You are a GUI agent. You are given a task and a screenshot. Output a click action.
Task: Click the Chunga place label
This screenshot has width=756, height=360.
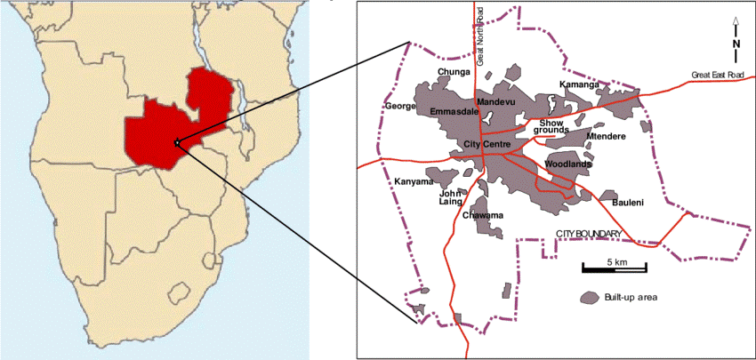point(454,72)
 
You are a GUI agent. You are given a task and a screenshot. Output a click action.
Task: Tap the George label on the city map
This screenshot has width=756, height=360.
point(400,107)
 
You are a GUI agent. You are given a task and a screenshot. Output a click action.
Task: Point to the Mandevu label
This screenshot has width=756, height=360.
point(496,102)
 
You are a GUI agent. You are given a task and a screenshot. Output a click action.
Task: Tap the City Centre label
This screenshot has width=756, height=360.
point(486,144)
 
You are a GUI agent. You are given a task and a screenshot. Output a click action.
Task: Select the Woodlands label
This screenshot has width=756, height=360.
point(569,164)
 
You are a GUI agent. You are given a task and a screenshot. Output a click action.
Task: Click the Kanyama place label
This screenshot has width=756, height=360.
point(411,181)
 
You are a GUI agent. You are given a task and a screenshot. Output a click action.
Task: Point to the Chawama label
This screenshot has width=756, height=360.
point(483,216)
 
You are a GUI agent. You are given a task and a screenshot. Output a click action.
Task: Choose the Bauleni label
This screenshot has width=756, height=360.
point(628,204)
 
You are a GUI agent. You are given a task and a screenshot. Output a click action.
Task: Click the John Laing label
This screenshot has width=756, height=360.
point(451,196)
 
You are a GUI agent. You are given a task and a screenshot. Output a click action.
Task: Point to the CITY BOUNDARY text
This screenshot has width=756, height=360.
point(588,234)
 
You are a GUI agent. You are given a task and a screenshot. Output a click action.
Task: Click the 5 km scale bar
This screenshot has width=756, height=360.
point(614,268)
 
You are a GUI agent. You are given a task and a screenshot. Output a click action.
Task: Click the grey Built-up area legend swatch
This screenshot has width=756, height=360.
point(588,297)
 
